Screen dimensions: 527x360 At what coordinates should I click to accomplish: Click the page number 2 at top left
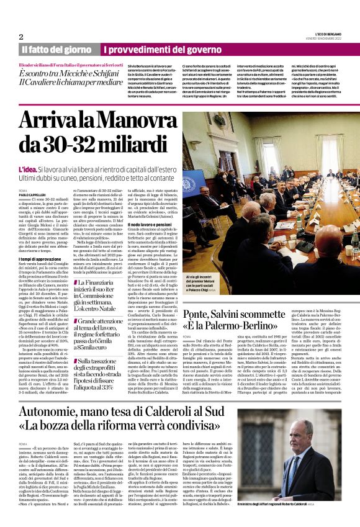click(20, 37)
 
